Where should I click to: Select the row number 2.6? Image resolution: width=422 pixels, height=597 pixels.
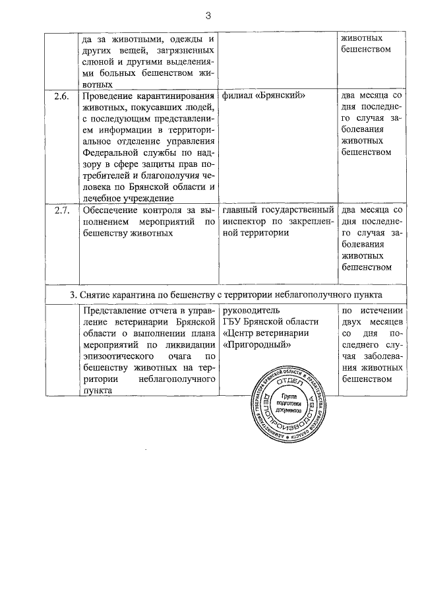[61, 96]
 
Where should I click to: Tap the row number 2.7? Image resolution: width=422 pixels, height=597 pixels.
[61, 211]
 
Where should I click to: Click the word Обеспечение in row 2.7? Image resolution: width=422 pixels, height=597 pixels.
[109, 211]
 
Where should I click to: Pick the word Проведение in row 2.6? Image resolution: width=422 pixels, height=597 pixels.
[108, 96]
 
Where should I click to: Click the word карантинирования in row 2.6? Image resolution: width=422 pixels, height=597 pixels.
[178, 96]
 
